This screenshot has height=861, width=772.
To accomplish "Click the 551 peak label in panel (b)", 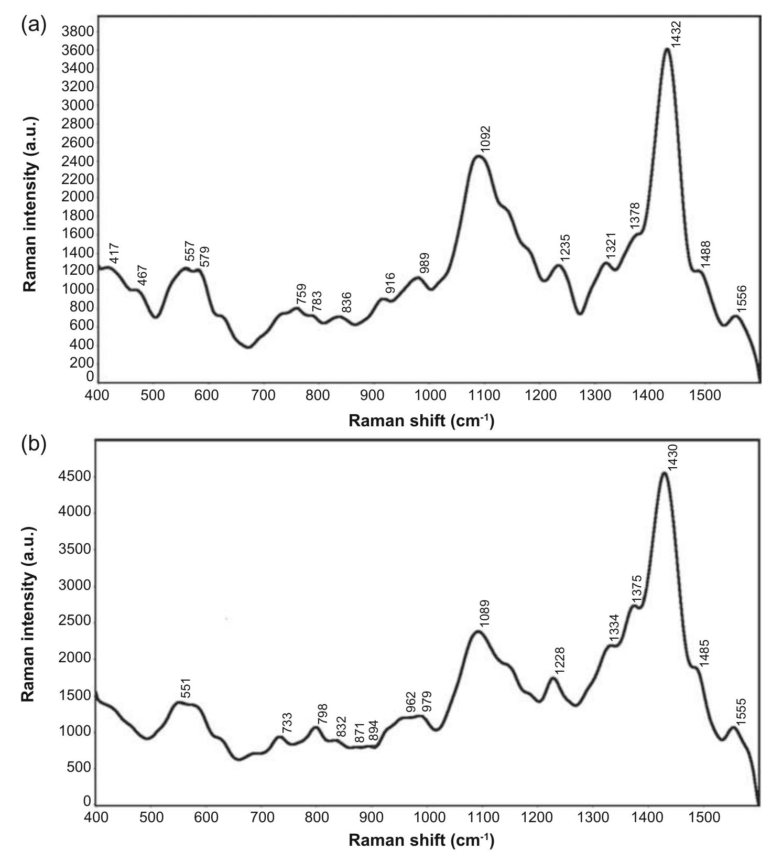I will point(187,688).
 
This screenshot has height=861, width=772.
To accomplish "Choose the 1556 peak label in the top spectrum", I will point(742,299).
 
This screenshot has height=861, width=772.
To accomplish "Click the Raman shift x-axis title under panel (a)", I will point(421,421).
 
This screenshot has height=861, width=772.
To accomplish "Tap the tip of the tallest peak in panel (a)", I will point(667,49).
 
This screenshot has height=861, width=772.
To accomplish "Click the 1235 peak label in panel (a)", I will point(565,248).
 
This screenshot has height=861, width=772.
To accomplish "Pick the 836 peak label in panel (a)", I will point(346,303).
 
